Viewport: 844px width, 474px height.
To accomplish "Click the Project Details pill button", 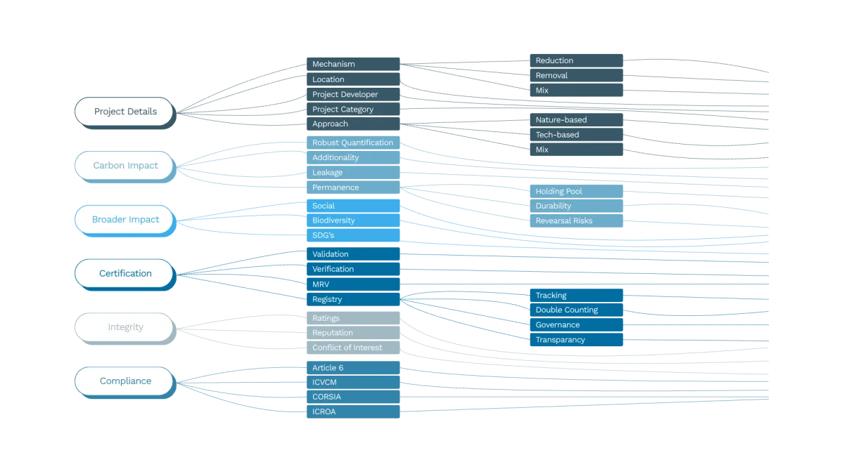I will coord(124,112).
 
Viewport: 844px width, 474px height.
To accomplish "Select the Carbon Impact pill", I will coord(124,166).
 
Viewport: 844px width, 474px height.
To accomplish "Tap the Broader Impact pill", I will coord(124,220).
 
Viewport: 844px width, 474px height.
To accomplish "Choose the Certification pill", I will coord(124,274).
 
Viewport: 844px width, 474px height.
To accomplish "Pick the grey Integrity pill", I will coord(124,327).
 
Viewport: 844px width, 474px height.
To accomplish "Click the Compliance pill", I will coord(124,381).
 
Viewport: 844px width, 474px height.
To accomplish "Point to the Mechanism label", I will coord(333,65).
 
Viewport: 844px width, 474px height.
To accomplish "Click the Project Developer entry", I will coord(345,94).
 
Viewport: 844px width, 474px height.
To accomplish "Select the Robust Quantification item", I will coord(352,143).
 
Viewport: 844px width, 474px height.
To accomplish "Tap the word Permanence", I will coord(335,187).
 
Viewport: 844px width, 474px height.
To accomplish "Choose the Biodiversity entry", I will coord(333,220).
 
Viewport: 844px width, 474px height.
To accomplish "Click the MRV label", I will coord(321,284).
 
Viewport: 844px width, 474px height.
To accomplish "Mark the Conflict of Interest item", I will coord(347,348).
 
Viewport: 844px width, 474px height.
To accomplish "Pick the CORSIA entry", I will coord(326,397).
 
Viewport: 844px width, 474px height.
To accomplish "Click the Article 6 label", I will coord(328,368).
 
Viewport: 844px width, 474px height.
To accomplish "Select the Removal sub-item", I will coord(551,75).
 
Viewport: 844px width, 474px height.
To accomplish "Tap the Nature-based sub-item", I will coord(561,120).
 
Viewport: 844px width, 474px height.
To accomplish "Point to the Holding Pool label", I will coord(558,191).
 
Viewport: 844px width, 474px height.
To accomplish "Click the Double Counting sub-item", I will coord(566,310).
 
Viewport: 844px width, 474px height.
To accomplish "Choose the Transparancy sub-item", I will coord(560,340).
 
